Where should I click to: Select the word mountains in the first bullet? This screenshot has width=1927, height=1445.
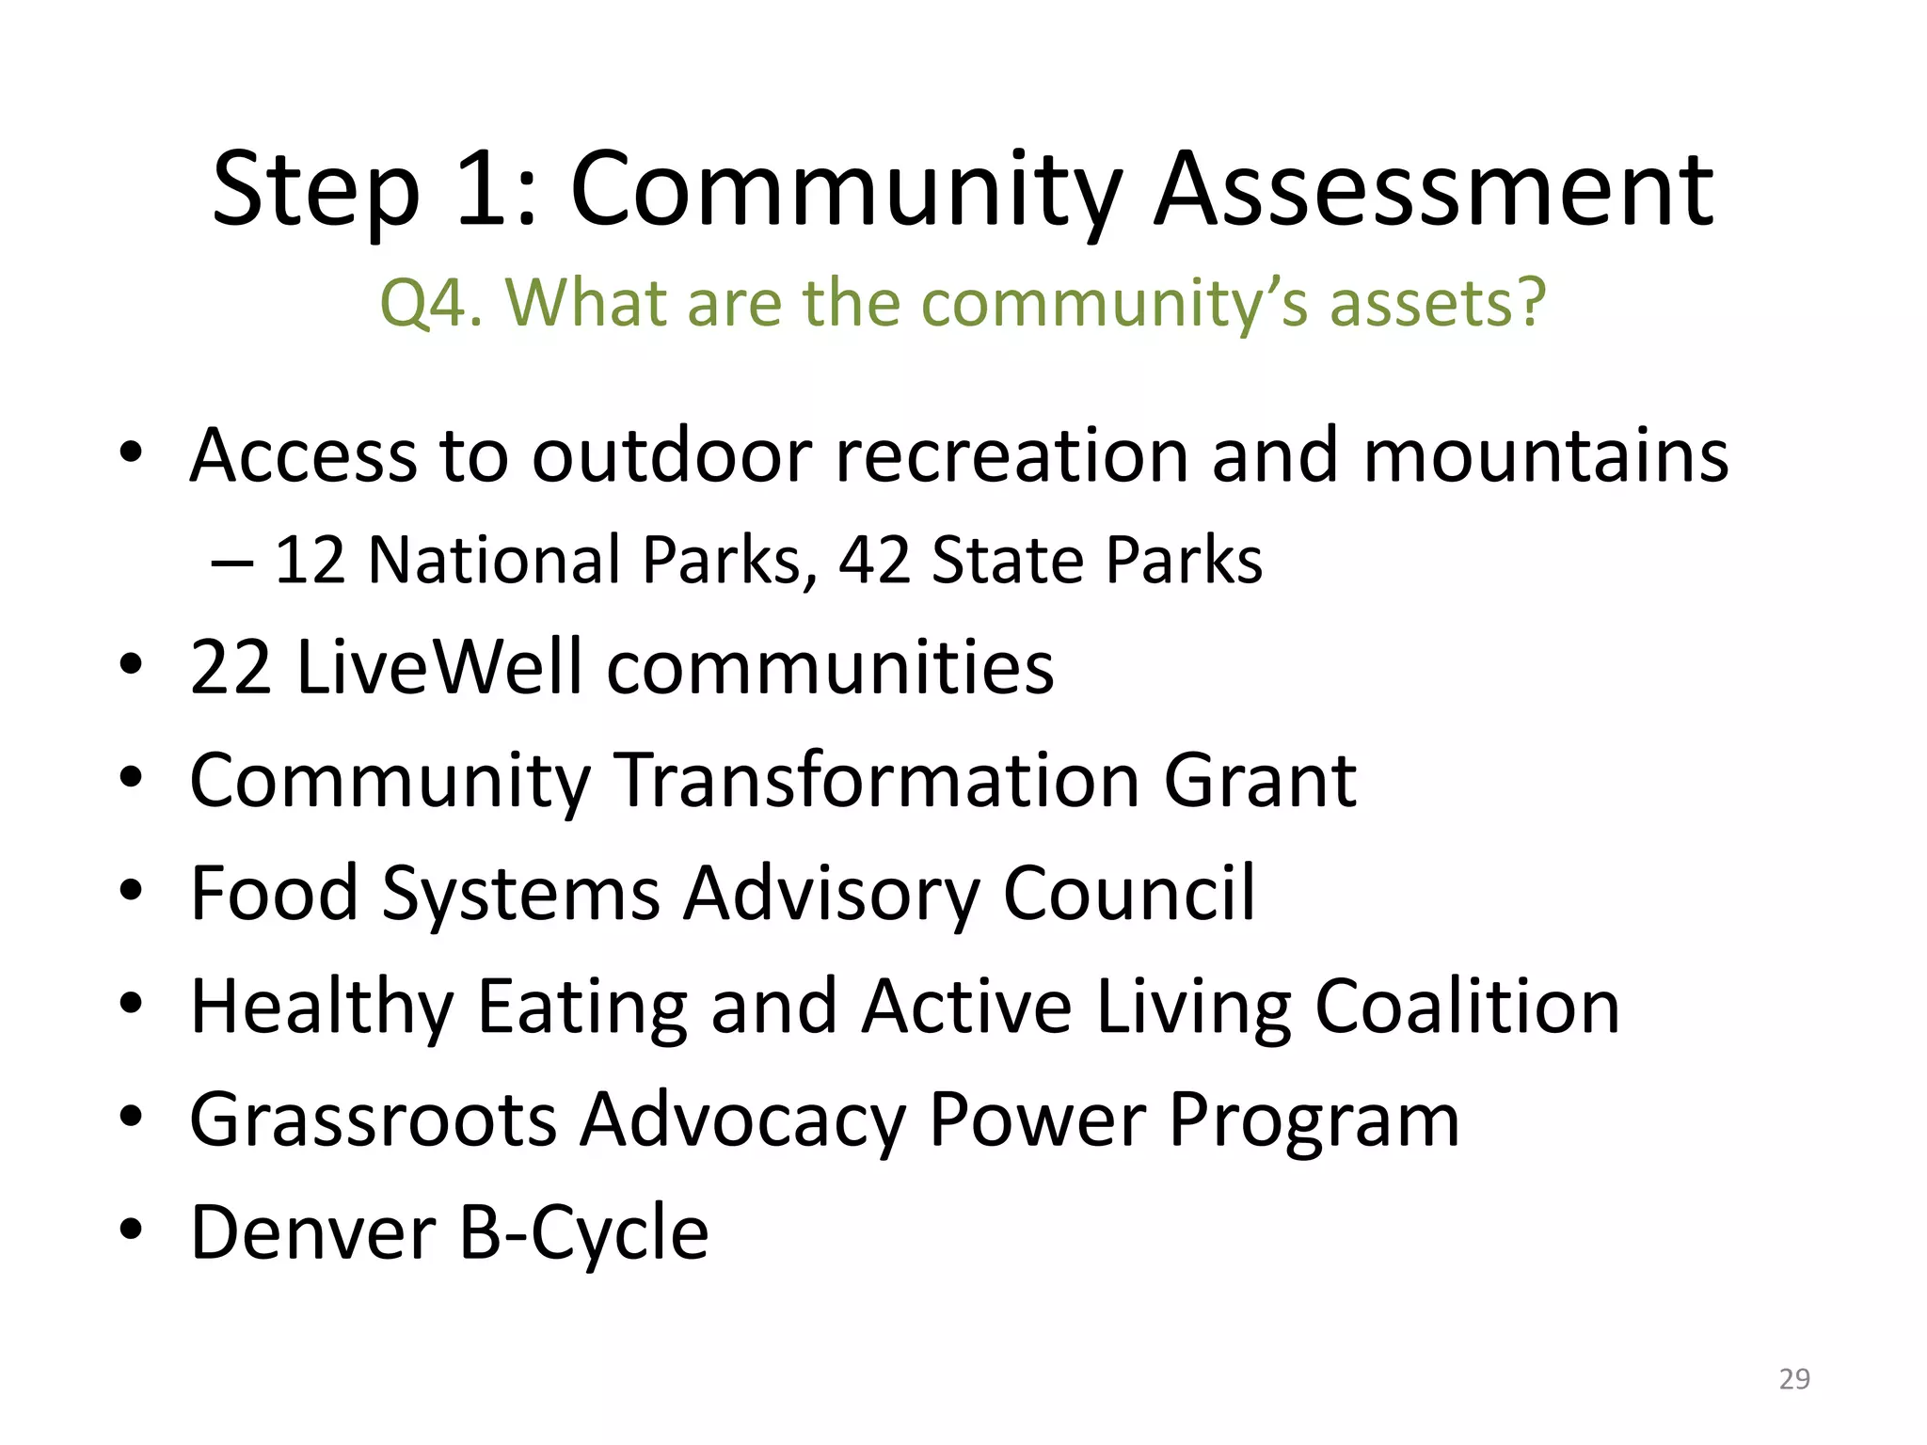click(x=1545, y=455)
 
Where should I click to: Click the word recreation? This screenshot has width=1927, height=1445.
click(x=1011, y=455)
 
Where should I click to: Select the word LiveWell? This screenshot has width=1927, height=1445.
click(x=438, y=667)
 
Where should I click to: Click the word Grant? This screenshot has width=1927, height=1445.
click(x=1260, y=780)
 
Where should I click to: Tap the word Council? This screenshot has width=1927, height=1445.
click(x=1128, y=893)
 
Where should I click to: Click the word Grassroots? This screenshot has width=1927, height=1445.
click(x=374, y=1119)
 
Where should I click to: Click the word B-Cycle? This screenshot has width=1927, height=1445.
click(x=583, y=1232)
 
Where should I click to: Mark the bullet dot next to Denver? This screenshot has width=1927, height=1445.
click(x=131, y=1230)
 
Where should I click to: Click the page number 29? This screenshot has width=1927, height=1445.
click(x=1794, y=1379)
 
